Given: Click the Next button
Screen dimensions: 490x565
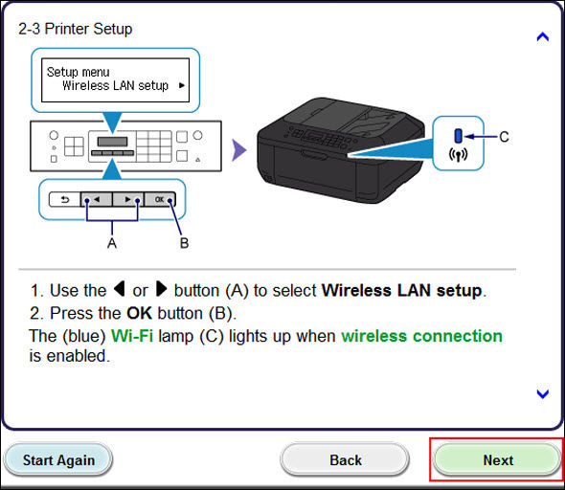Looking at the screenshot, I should pyautogui.click(x=497, y=459).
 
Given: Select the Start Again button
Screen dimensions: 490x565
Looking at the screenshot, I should pyautogui.click(x=58, y=459).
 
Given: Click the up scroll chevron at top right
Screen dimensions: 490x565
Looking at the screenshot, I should pyautogui.click(x=542, y=37).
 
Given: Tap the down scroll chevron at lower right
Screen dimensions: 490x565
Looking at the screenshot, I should pyautogui.click(x=542, y=393).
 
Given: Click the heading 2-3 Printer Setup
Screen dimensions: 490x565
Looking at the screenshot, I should pyautogui.click(x=76, y=29).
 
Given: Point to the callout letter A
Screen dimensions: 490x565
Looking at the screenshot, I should pyautogui.click(x=112, y=243).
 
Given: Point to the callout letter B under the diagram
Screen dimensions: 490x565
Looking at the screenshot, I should pyautogui.click(x=184, y=243).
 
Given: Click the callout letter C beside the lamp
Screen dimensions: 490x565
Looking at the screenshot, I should pyautogui.click(x=504, y=137).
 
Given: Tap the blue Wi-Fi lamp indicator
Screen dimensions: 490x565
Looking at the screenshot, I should pyautogui.click(x=459, y=137).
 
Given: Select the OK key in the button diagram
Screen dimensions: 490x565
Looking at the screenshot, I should pyautogui.click(x=160, y=200).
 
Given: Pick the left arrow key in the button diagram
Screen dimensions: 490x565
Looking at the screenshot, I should pyautogui.click(x=96, y=200).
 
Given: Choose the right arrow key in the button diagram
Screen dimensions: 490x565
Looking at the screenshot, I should pyautogui.click(x=128, y=200).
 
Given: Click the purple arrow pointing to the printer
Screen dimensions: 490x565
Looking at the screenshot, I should pyautogui.click(x=239, y=149).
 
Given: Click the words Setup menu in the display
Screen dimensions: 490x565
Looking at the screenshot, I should pyautogui.click(x=78, y=72).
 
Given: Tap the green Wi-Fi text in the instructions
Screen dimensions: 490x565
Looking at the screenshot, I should pyautogui.click(x=130, y=336).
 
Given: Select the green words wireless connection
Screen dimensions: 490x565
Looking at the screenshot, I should pyautogui.click(x=421, y=336).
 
